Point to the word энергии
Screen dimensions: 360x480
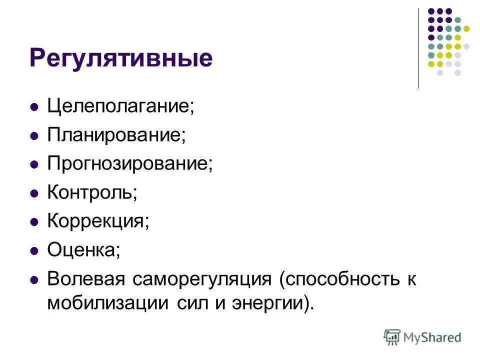point(266,303)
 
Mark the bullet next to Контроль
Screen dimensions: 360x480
point(34,193)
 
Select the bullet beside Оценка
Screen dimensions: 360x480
point(34,250)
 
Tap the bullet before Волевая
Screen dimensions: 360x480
point(34,279)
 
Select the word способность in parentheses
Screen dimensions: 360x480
point(339,278)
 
